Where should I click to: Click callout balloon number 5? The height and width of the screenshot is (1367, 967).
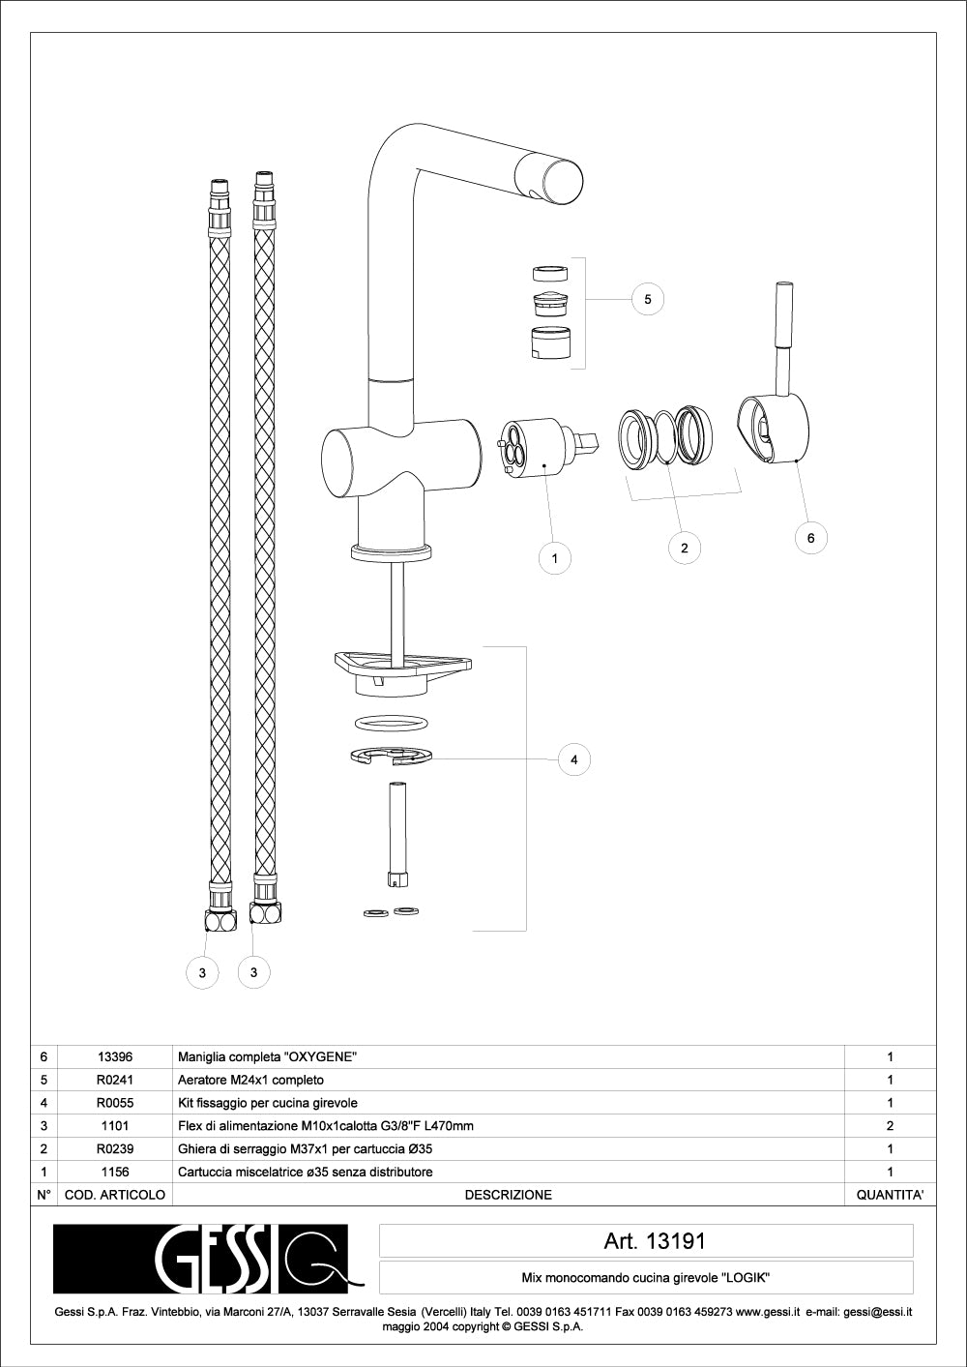point(648,300)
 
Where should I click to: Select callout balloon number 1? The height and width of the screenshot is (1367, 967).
point(554,558)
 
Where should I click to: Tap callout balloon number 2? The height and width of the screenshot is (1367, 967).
point(684,549)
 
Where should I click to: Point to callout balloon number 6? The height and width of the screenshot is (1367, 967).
point(810,538)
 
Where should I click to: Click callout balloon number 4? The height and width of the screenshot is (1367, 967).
point(573,760)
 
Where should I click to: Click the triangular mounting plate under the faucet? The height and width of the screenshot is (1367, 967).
point(400,669)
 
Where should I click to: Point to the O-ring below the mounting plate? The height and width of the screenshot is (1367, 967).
point(392,723)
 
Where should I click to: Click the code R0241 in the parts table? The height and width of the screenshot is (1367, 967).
point(114,1080)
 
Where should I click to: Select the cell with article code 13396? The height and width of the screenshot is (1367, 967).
point(114,1056)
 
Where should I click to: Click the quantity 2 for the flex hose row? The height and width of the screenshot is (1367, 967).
point(890,1126)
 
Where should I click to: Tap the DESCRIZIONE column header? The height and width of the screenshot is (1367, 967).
point(508,1195)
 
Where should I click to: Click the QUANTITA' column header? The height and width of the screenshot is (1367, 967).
point(890,1195)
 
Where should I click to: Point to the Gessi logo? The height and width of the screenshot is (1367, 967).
point(208,1260)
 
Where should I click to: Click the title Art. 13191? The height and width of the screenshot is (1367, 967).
point(655,1241)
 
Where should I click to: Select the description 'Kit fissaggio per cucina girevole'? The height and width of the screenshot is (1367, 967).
point(268,1103)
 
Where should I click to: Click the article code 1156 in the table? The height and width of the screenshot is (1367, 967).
point(114,1172)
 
